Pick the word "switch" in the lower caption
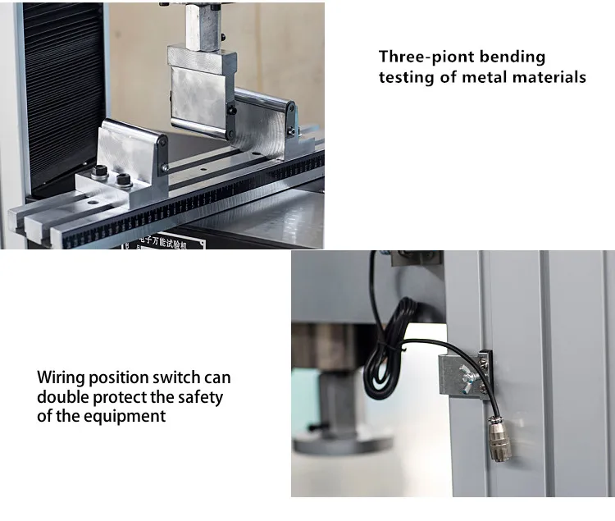(179, 378)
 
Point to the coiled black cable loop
(392, 348)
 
